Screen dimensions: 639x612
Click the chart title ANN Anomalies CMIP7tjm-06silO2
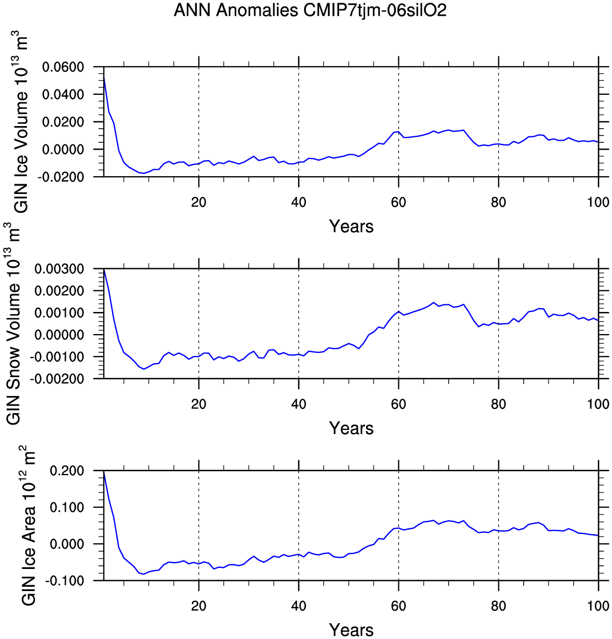pos(310,10)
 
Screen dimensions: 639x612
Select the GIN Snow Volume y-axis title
pos(15,323)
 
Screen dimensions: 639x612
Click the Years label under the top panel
pos(351,226)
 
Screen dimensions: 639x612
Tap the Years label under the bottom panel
pos(351,629)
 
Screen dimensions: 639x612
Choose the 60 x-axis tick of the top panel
pos(398,203)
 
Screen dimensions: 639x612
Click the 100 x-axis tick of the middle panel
pos(598,405)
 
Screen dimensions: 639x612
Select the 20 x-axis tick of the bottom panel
pos(199,606)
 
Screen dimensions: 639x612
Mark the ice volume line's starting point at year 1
pos(104,75)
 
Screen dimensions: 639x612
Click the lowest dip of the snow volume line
pos(144,369)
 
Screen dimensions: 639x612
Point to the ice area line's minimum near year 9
pos(144,574)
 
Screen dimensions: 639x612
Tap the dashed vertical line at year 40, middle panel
pos(299,323)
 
